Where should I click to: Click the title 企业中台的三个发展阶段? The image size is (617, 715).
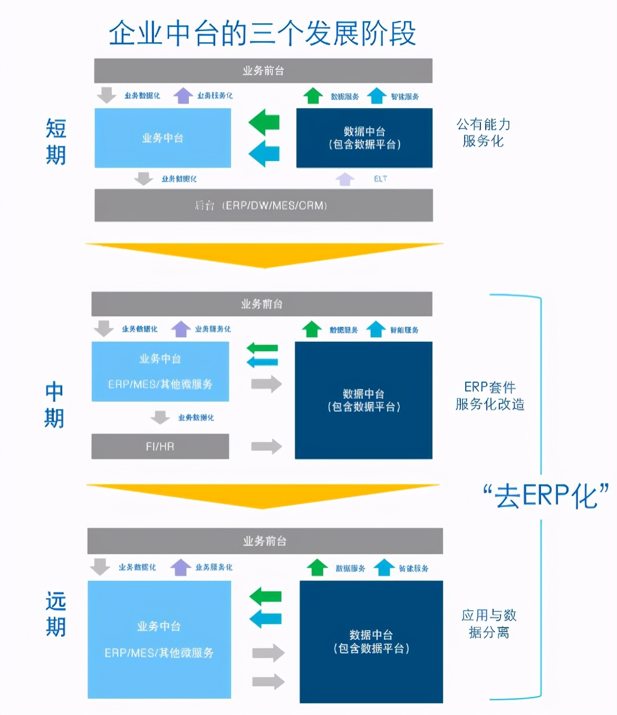click(262, 33)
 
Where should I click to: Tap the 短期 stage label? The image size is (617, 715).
click(56, 142)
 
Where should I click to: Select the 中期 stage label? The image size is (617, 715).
click(54, 405)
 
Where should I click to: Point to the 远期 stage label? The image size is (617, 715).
click(56, 614)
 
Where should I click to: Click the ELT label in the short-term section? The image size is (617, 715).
click(380, 179)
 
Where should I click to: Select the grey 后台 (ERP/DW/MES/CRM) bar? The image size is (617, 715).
click(263, 205)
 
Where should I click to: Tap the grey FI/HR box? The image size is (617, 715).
click(160, 447)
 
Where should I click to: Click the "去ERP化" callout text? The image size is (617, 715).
click(546, 496)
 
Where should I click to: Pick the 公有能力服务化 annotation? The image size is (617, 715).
click(483, 133)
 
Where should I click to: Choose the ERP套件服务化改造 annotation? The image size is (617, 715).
click(490, 396)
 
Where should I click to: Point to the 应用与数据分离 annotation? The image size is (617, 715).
click(489, 624)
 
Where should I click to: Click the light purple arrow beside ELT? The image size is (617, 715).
click(345, 179)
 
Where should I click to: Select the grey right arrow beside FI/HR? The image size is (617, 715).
click(266, 447)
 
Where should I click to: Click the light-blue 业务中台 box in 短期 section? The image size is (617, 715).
click(162, 138)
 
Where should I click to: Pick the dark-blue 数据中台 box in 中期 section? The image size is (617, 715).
click(363, 400)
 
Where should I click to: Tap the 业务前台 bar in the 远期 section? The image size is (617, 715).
click(265, 541)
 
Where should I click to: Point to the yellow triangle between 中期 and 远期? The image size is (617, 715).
click(263, 495)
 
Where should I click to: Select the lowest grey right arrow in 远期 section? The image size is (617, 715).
click(268, 681)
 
